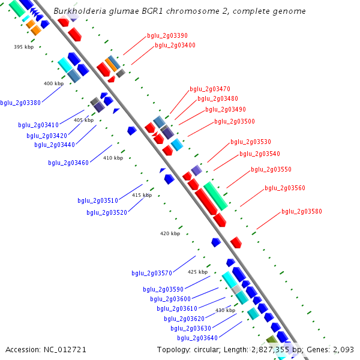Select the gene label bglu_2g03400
pos(175,45)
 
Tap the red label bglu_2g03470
pos(210,89)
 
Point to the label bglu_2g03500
pos(235,122)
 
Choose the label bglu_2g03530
pos(251,142)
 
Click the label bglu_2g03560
pos(285,188)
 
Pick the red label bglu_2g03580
pos(302,211)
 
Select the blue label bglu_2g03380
pos(20,103)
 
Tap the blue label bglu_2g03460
pos(68,163)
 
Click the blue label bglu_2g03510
pos(98,201)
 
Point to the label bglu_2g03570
pos(152,274)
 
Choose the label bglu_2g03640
pos(197,338)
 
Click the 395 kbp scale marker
pos(24,47)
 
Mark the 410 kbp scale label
pos(113,158)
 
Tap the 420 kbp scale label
pos(170,233)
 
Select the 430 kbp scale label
pos(225,310)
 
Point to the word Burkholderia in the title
pos(81,11)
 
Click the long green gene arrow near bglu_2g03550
pos(215,196)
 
